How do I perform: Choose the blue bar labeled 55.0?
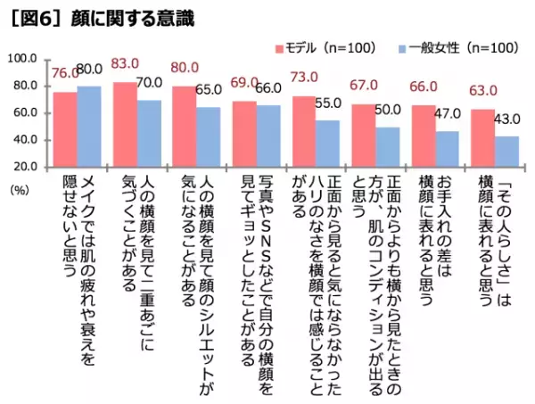coord(325,143)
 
